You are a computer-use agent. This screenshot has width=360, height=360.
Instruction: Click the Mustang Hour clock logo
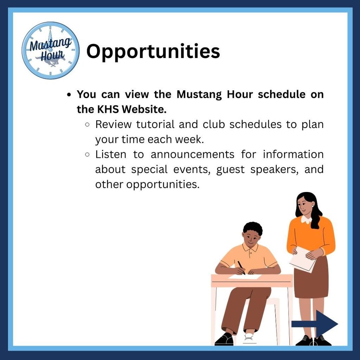[x=51, y=51]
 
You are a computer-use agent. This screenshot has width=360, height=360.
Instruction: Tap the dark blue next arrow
[x=315, y=324]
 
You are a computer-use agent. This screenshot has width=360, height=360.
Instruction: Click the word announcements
[x=192, y=154]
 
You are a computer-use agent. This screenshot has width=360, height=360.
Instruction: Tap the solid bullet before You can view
[x=69, y=95]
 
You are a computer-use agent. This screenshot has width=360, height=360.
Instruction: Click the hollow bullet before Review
[x=87, y=125]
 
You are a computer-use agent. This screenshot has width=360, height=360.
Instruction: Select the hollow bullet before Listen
[x=87, y=155]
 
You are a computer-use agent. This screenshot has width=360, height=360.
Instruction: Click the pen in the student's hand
[x=241, y=268]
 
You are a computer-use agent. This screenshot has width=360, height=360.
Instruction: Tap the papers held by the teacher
[x=303, y=260]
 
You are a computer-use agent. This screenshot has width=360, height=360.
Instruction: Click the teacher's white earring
[x=312, y=206]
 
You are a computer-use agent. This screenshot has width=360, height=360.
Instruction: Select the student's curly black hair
[x=252, y=228]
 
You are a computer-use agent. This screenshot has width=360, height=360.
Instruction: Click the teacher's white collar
[x=306, y=220]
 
